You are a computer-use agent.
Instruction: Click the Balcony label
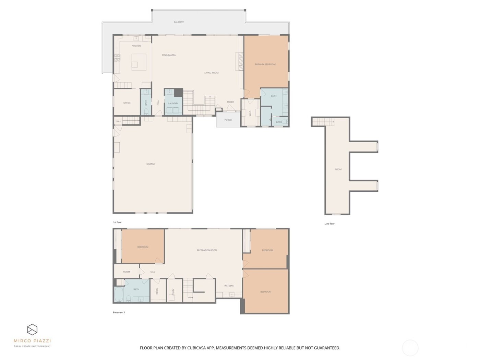tap(179, 22)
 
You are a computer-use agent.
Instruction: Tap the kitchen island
tap(139, 62)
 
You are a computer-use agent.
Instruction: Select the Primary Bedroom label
tap(265, 64)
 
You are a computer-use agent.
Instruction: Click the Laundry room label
tap(173, 103)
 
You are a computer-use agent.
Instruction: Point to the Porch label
tap(228, 120)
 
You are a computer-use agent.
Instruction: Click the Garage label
tap(151, 164)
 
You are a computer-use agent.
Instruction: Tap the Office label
tap(127, 103)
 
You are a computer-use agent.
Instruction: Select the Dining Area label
tap(169, 55)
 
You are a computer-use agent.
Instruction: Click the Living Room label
tap(211, 73)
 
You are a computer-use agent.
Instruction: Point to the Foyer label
tap(230, 102)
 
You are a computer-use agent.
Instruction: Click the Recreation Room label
tap(207, 250)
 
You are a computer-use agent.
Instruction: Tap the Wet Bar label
tap(229, 286)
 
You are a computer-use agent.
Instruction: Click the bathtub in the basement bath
tap(119, 295)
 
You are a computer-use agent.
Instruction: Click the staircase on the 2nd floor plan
tap(323, 122)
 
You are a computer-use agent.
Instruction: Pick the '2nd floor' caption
tap(329, 224)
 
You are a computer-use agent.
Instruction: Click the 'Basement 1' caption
tap(119, 312)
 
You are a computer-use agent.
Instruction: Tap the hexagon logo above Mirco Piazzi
tap(32, 329)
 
